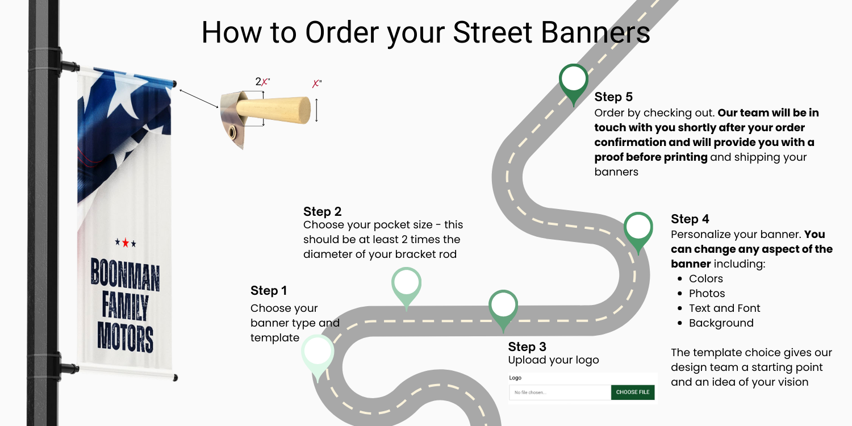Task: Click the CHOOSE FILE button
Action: tap(633, 392)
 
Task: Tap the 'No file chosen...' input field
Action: tap(559, 392)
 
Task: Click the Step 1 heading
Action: tap(269, 291)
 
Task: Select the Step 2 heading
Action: tap(323, 212)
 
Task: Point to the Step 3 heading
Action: tap(527, 346)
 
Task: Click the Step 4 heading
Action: tap(690, 219)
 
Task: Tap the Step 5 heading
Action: tap(613, 97)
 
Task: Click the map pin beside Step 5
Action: tap(574, 81)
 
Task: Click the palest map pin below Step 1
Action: tap(318, 353)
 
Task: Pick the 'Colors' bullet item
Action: tap(706, 279)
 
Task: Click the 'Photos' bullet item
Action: tap(707, 294)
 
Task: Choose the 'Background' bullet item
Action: tap(721, 323)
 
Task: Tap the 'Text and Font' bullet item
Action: tap(725, 308)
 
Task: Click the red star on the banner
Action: tap(126, 243)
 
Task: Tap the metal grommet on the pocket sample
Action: tap(232, 134)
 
